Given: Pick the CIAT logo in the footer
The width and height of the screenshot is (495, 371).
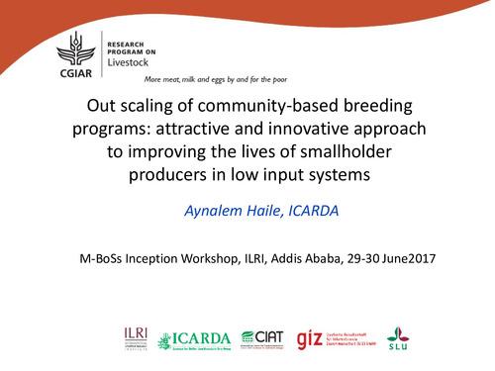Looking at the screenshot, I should tap(263, 337).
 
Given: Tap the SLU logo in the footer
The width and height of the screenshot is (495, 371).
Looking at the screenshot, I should tap(399, 336).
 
